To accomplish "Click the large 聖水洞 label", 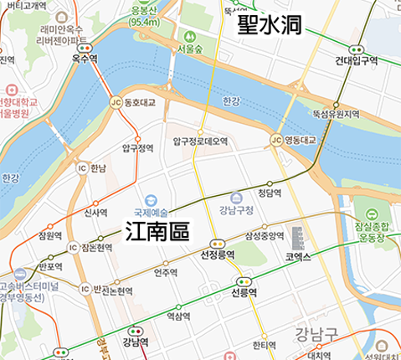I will [x=269, y=24].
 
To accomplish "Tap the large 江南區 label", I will [x=157, y=231].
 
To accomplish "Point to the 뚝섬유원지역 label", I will [x=336, y=114].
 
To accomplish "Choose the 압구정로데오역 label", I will [x=200, y=141].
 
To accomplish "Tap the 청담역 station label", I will [x=269, y=193].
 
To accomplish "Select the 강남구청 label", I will [x=237, y=210].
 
